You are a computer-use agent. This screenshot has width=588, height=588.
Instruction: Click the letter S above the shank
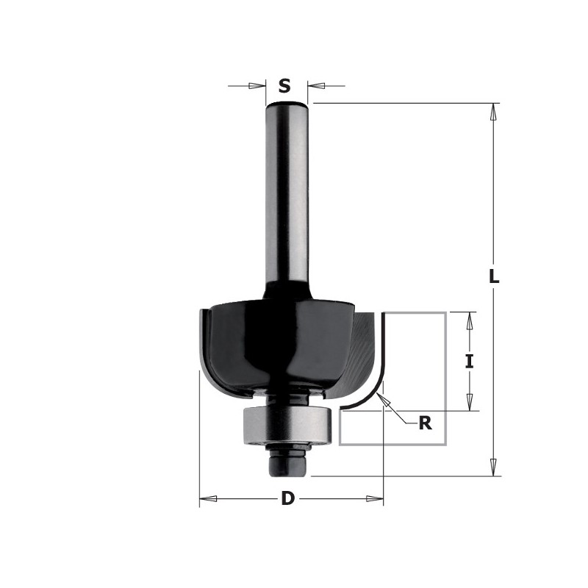click(x=284, y=86)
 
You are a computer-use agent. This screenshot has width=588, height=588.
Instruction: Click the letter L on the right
click(x=494, y=277)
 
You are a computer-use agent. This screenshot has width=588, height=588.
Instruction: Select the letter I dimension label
click(x=469, y=362)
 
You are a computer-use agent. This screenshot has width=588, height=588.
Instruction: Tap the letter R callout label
click(x=425, y=423)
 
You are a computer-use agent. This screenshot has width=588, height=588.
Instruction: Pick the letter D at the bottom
click(x=287, y=498)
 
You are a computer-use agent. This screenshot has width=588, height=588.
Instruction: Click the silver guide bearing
click(x=287, y=425)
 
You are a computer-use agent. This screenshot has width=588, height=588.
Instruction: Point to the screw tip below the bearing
click(x=287, y=465)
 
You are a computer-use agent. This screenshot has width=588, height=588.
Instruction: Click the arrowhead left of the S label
click(x=257, y=86)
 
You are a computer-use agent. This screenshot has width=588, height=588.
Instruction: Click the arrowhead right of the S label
click(x=316, y=86)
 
